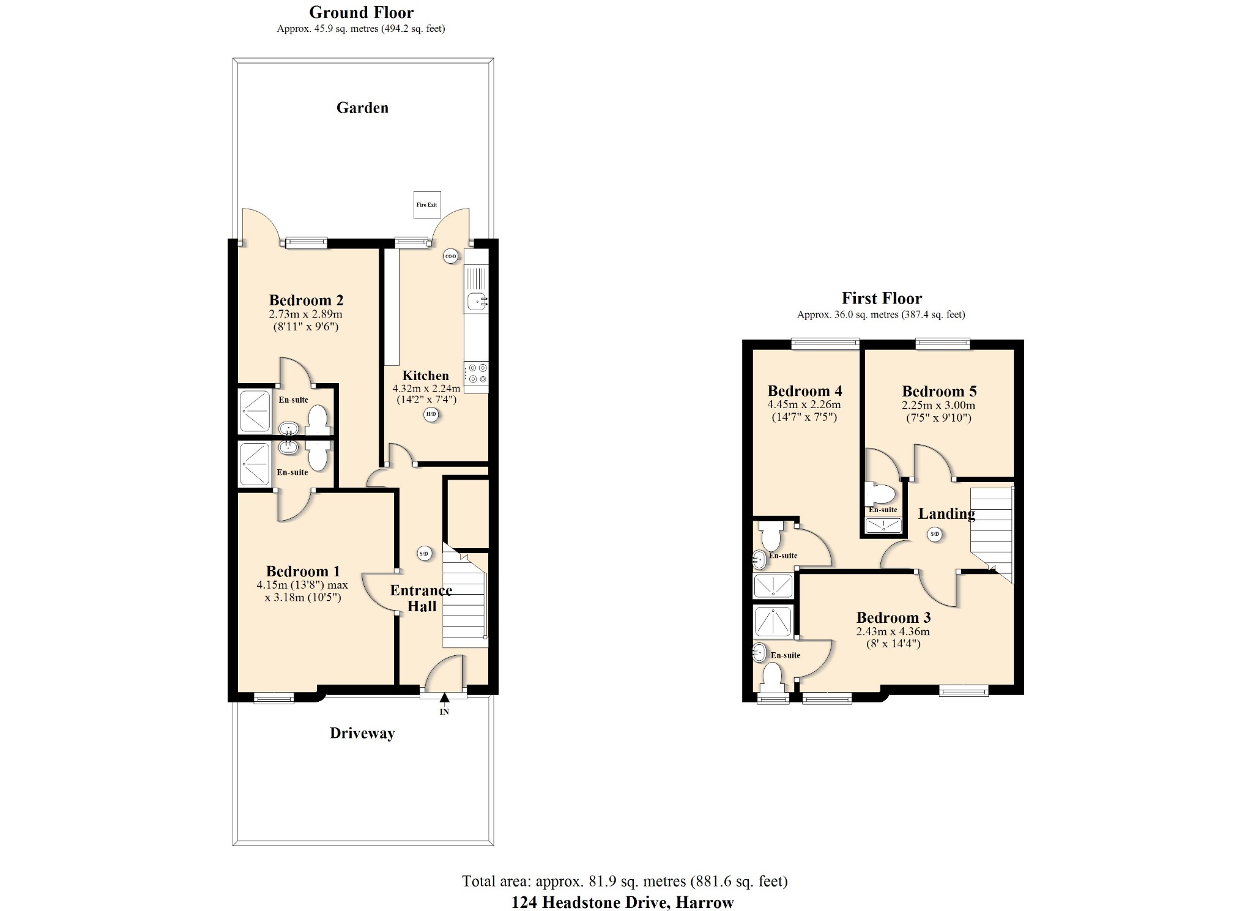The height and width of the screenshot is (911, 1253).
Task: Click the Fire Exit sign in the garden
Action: point(426,204)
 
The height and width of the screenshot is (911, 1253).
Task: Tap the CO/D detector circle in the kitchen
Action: point(451,256)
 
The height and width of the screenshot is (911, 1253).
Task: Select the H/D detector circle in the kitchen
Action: point(431,415)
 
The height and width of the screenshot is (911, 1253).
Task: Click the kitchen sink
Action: point(477,301)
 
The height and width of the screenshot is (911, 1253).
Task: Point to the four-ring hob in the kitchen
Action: point(477,374)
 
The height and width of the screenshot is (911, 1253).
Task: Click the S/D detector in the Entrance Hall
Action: point(424,554)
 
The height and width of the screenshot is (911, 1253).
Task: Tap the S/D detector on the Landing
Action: point(934,534)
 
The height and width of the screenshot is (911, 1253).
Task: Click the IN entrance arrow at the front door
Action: point(444,698)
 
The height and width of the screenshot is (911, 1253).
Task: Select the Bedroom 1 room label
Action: point(303,571)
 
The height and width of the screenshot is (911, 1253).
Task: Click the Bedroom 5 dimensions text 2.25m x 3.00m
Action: point(938,405)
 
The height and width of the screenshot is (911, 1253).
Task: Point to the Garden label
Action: point(362,108)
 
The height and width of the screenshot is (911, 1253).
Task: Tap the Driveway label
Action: point(362,733)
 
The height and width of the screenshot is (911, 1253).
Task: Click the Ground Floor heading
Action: point(361,12)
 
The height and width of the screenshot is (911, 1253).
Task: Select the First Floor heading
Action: point(881,298)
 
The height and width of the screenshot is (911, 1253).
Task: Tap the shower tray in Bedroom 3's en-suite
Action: point(774,622)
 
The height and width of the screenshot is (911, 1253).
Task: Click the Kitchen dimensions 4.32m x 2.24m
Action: point(426,389)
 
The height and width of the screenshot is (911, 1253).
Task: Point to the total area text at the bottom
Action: point(625,881)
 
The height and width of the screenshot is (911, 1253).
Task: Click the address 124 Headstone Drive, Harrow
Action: point(622,902)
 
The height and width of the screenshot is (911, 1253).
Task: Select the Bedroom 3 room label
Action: point(893,617)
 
